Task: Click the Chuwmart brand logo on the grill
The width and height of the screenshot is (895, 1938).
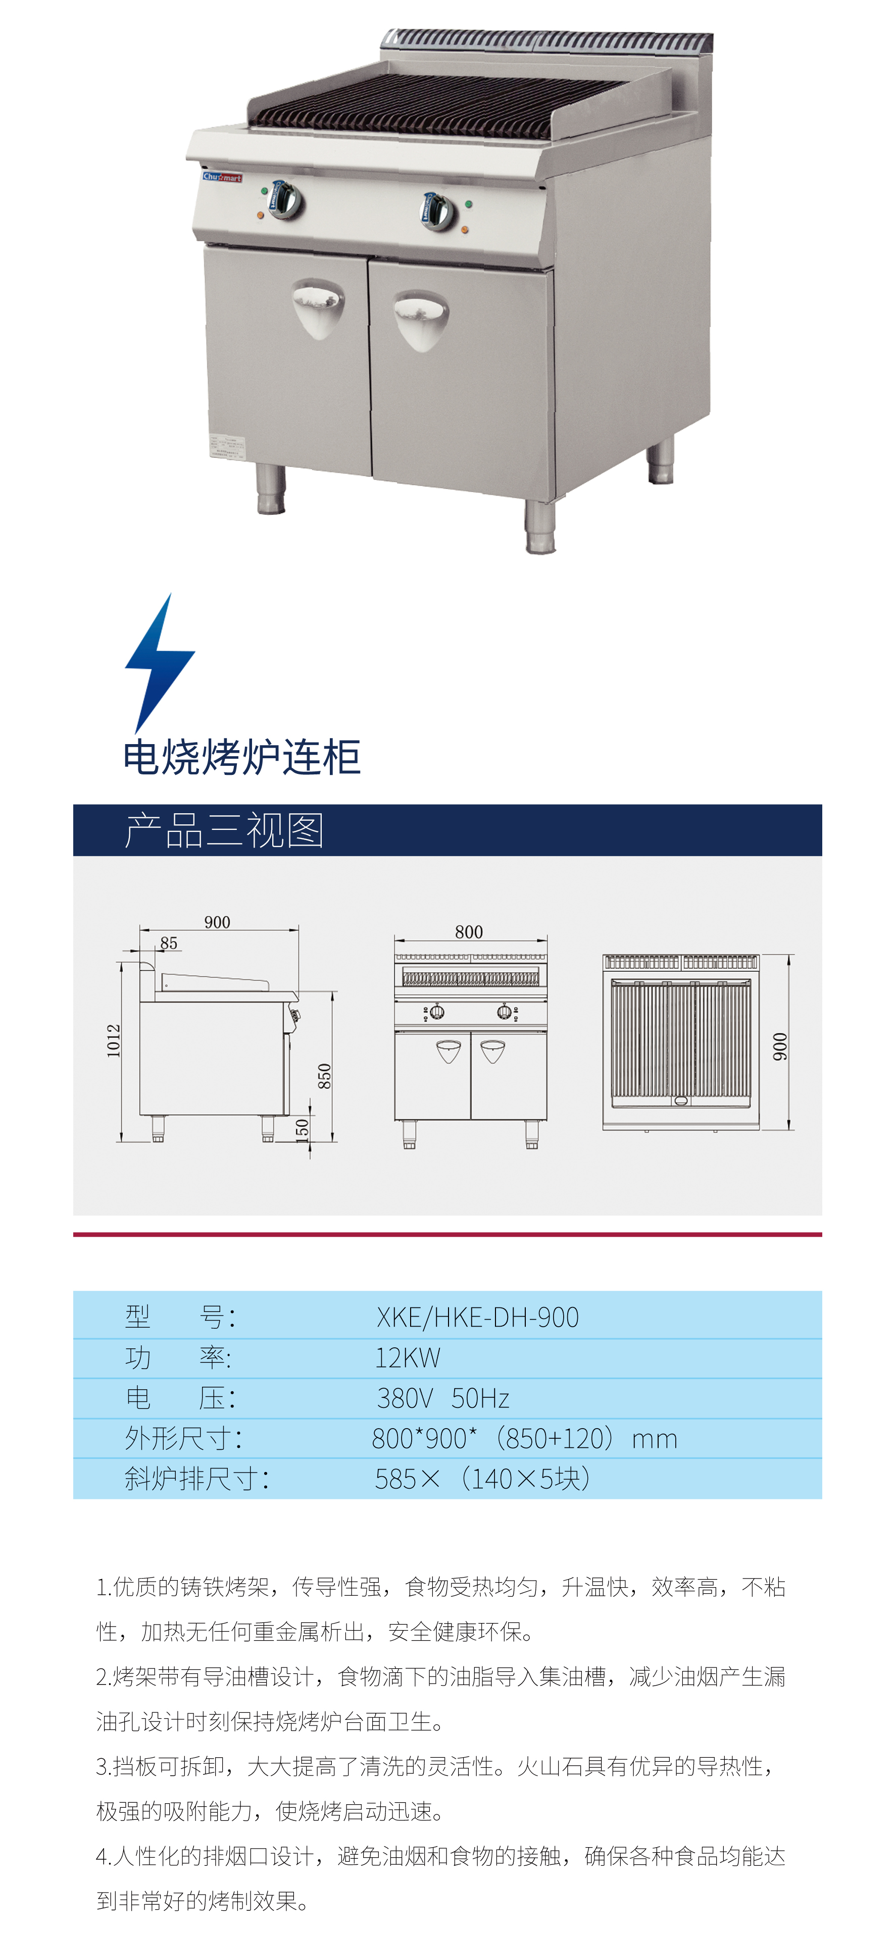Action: point(222,178)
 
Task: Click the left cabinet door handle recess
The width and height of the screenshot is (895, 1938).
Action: point(318,307)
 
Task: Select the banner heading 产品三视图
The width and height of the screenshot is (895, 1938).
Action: point(224,830)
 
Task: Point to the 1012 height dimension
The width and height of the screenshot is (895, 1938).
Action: point(114,1040)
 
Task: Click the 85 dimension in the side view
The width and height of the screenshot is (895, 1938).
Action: point(169,942)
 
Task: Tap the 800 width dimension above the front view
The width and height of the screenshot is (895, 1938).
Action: point(469,932)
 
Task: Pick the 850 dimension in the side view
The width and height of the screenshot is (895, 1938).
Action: point(324,1076)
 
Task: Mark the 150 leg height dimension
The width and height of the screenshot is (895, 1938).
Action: point(302,1130)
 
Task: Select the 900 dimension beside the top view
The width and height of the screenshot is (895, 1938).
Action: point(780,1046)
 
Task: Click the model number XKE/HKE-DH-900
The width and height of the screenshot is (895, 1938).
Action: point(477,1318)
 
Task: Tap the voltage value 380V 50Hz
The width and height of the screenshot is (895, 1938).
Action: point(442,1398)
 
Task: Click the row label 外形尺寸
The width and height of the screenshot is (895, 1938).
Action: point(183,1438)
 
